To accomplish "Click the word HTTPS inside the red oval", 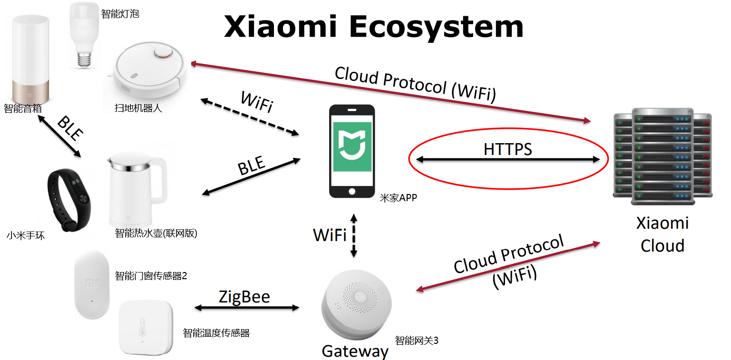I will [x=507, y=149].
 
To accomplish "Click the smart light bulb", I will [x=84, y=33].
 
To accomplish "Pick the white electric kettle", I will [x=136, y=190].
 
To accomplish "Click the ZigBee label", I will [x=244, y=296].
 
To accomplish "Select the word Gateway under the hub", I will [x=355, y=351].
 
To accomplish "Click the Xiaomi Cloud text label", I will [x=662, y=234].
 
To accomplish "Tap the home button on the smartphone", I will [x=352, y=191].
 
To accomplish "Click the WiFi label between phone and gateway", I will [x=330, y=234].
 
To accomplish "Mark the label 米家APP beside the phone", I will [x=398, y=198].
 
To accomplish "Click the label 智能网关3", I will [x=416, y=340].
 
